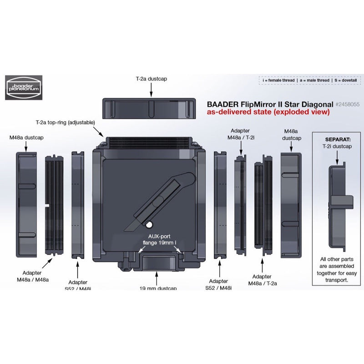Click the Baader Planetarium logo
tap(24, 87)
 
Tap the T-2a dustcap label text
tap(152, 79)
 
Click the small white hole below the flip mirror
tap(148, 224)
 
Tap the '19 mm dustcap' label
tap(157, 288)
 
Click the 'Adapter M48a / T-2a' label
tap(263, 279)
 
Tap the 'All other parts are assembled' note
tap(336, 269)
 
